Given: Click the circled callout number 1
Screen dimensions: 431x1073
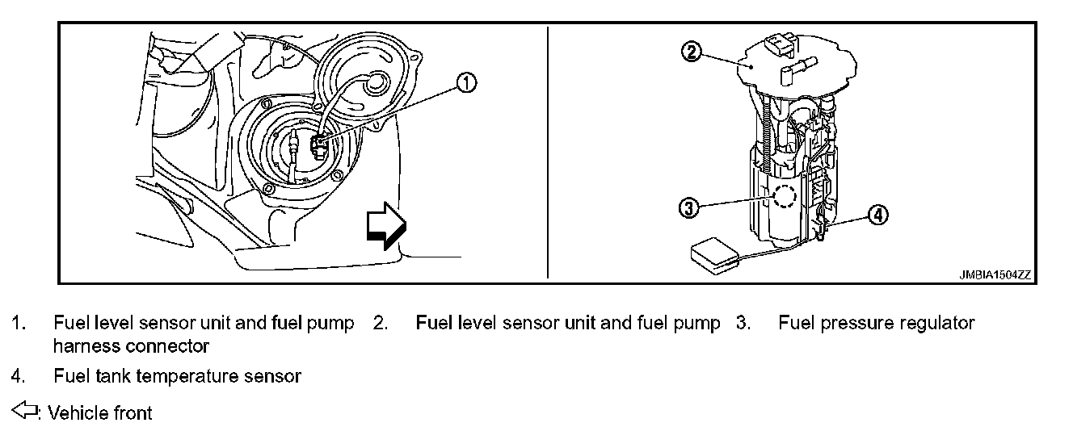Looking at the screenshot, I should click(467, 82).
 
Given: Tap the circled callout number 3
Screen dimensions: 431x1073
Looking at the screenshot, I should click(688, 208).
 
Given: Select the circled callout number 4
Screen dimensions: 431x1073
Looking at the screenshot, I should click(877, 215).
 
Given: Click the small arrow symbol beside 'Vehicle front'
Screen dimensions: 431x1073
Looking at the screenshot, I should click(26, 412).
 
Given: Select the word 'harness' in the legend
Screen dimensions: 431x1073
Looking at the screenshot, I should click(86, 346).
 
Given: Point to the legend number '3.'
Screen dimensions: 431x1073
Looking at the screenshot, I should click(743, 324).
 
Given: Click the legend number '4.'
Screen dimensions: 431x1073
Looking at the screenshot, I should click(18, 375).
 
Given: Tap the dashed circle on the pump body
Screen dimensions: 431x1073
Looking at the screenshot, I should click(785, 195).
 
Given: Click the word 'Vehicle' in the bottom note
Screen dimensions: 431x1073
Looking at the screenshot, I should click(76, 413).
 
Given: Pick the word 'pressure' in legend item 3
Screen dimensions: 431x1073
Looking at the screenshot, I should click(855, 324).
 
